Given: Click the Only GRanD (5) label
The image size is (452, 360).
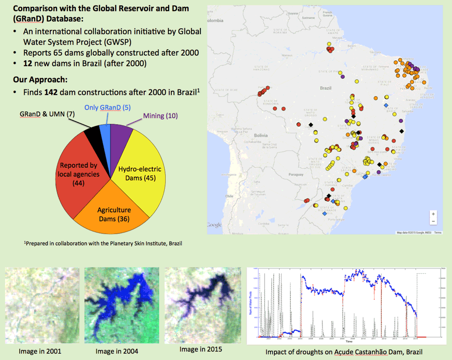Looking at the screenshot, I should tap(107, 107).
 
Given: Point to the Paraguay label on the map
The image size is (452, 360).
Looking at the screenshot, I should tap(296, 175).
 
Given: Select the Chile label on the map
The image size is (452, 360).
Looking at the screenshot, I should tap(229, 196).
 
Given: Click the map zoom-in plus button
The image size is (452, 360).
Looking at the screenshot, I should tap(433, 214).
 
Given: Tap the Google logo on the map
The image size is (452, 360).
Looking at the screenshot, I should tap(214, 224).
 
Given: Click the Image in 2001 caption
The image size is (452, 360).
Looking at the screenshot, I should tap(40, 351).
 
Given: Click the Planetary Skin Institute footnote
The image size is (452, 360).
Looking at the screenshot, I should tap(103, 244).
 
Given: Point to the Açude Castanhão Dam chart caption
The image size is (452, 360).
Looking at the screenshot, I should tap(344, 351).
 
